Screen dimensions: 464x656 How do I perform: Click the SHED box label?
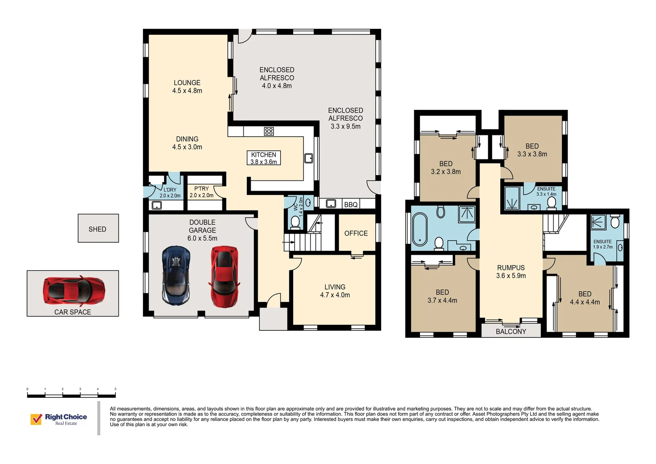(97, 229)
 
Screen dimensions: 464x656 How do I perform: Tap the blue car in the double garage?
(176, 275)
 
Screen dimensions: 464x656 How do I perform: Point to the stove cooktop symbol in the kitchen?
(269, 131)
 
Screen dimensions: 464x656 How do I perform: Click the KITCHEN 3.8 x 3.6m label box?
(264, 158)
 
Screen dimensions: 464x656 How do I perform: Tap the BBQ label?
(351, 205)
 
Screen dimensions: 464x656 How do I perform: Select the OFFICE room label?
(356, 233)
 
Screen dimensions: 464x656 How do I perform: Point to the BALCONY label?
(510, 331)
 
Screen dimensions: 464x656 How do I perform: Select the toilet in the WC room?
(295, 222)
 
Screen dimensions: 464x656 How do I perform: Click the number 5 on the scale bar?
(115, 389)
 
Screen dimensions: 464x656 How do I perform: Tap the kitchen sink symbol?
(309, 158)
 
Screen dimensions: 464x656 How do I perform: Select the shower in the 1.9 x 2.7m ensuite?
(597, 222)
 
